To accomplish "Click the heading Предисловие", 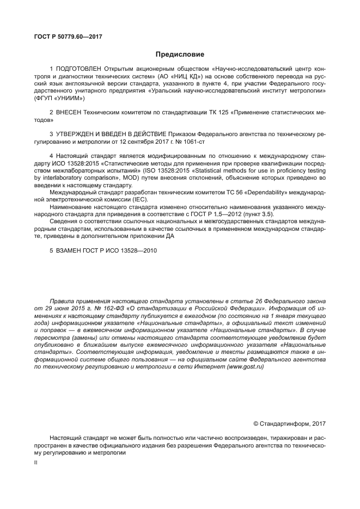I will point(180,54).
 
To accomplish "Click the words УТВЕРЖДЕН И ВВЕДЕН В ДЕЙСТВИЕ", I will point(106,133).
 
